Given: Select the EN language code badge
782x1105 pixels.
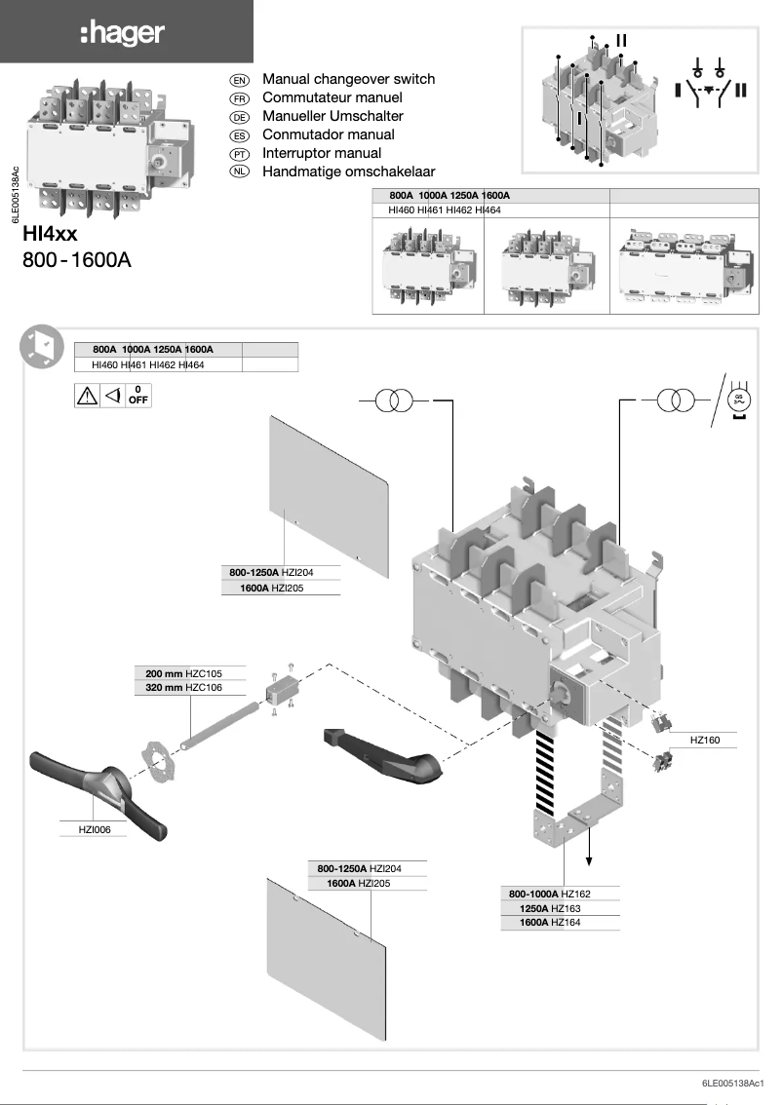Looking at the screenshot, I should click(x=239, y=80).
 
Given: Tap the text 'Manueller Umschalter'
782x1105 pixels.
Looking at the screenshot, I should click(x=332, y=116).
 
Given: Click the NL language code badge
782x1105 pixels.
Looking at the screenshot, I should click(x=239, y=172).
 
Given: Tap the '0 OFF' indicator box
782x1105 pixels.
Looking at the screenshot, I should click(x=138, y=395).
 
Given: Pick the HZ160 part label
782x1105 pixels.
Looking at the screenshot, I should click(x=704, y=741).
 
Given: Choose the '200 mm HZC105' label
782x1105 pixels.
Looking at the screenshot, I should click(x=183, y=673).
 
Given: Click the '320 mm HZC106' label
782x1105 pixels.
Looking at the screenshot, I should click(x=183, y=687).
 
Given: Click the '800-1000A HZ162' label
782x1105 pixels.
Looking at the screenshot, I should click(x=550, y=894).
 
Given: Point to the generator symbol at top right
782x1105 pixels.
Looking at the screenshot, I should click(x=738, y=400).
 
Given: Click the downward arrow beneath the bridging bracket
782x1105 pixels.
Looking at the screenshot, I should click(x=589, y=857).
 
